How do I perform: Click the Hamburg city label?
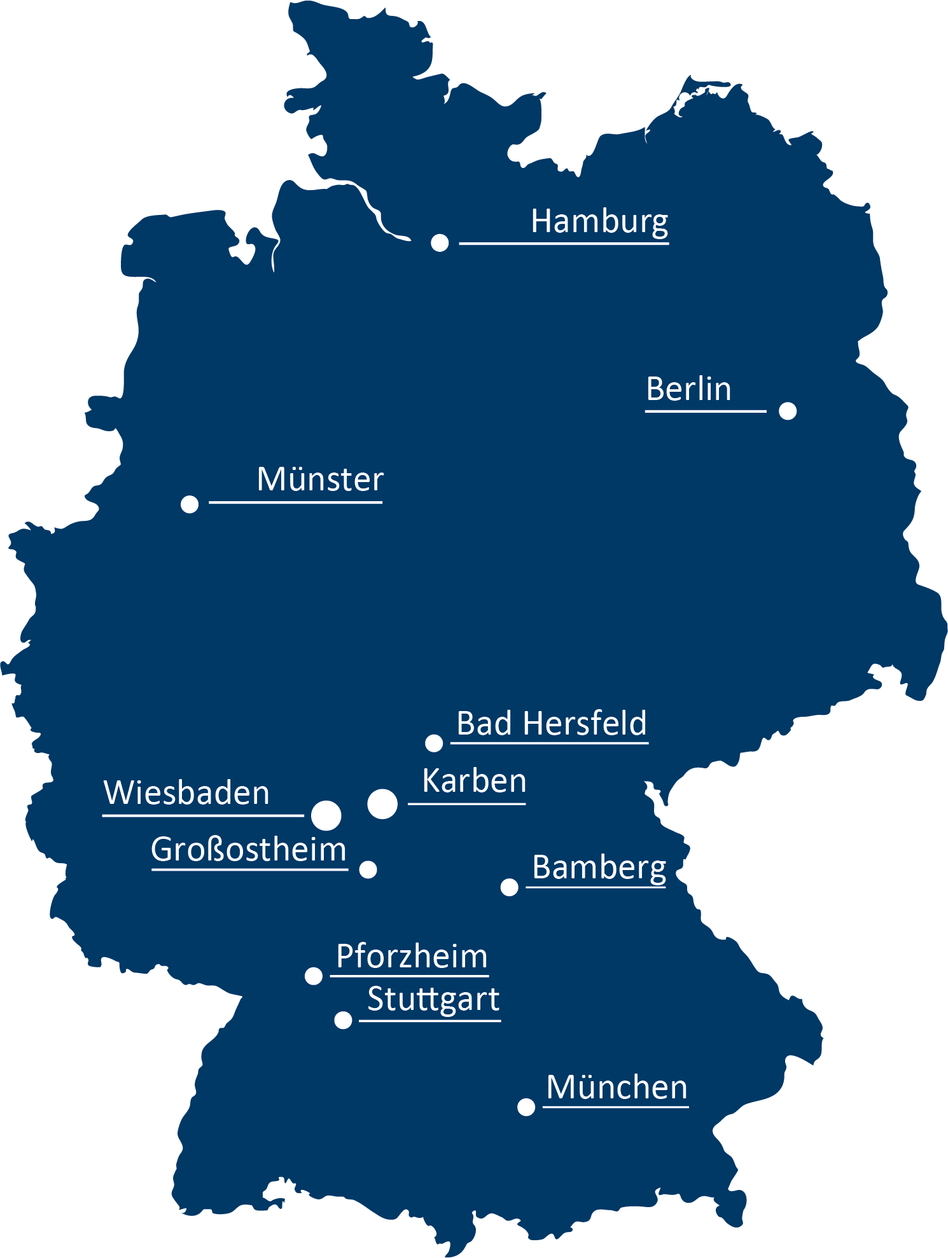599,222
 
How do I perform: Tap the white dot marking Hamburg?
440,242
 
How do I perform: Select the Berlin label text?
688,389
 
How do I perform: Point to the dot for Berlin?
788,411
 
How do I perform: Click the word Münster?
320,480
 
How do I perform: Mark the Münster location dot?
190,504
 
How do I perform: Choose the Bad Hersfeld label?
552,724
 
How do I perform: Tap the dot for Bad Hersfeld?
434,743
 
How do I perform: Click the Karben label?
474,781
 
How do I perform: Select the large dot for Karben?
382,804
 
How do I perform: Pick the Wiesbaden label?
186,793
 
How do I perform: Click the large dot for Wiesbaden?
326,815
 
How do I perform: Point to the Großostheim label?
249,850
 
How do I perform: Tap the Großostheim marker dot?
368,869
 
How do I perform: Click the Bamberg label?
599,867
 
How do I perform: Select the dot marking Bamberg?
509,887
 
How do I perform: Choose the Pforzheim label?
412,957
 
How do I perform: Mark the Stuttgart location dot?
343,1020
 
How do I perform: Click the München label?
617,1088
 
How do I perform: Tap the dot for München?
526,1107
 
